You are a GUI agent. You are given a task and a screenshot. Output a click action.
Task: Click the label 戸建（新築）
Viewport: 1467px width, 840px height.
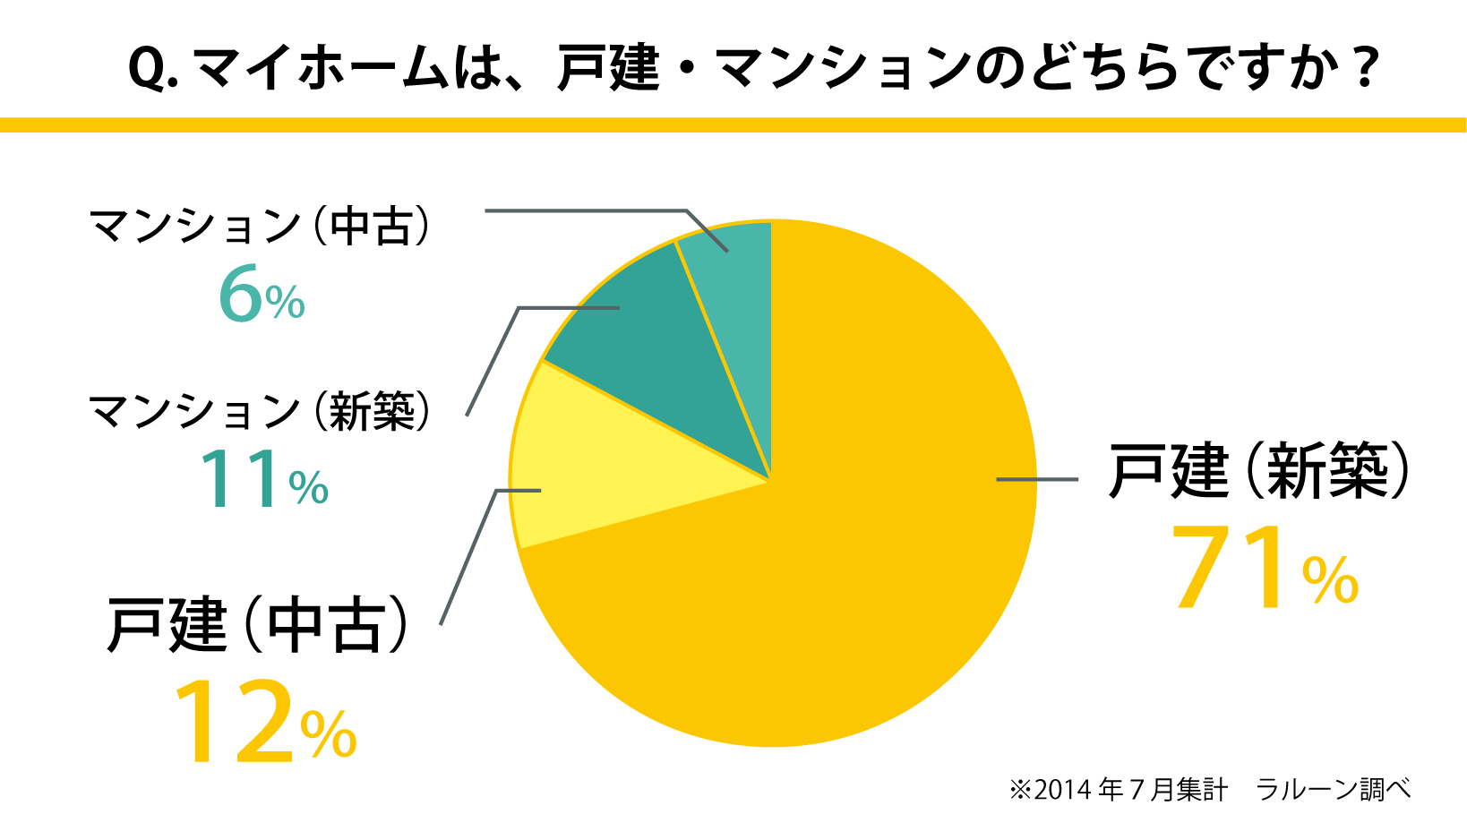point(1259,471)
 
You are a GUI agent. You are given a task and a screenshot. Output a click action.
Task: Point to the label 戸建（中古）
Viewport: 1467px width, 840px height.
point(258,624)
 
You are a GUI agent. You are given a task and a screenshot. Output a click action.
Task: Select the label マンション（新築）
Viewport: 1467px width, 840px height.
point(260,411)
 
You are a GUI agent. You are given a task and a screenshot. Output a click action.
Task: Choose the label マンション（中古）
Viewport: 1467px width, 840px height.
point(260,225)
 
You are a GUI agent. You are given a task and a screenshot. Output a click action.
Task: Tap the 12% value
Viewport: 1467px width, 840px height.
point(265,722)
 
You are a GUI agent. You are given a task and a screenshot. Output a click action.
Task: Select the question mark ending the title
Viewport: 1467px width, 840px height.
point(1364,67)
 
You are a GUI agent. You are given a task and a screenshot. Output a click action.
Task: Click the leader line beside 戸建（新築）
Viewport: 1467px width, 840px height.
point(1037,480)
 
